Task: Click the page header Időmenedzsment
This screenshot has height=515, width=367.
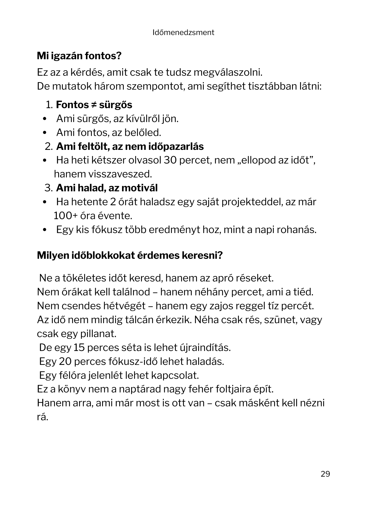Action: click(183, 32)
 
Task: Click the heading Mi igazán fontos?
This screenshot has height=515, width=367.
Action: click(79, 56)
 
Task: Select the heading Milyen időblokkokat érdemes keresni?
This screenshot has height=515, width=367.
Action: click(130, 255)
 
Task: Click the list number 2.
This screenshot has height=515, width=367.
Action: click(48, 147)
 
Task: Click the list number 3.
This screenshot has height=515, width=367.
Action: click(48, 188)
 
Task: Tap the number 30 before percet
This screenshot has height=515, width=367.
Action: click(170, 160)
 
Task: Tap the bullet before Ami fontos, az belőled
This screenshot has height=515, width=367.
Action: click(45, 133)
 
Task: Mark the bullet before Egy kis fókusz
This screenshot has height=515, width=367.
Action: click(45, 230)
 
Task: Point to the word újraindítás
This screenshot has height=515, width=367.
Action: click(204, 348)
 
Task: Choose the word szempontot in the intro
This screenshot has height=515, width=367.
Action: click(155, 86)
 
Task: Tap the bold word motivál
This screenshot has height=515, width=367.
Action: click(139, 188)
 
